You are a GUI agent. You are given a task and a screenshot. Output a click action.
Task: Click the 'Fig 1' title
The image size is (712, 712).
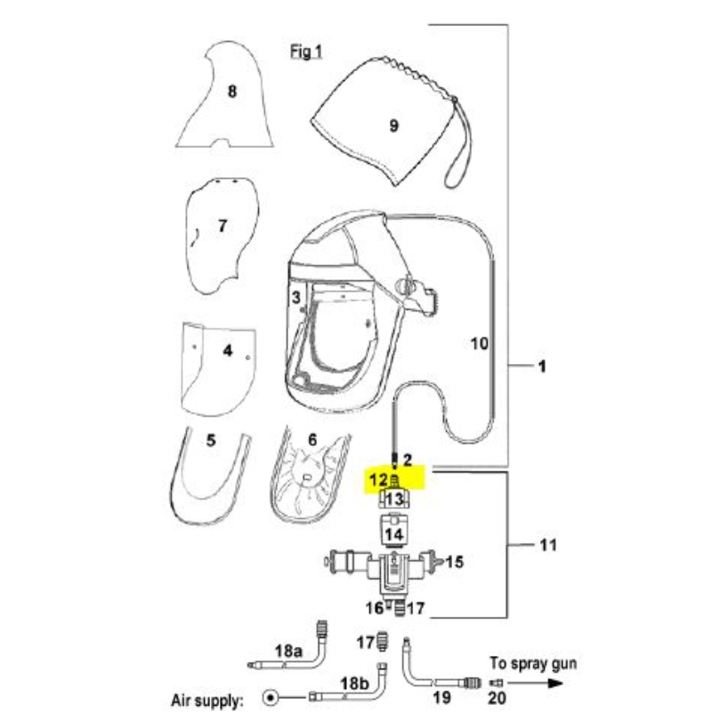[x=306, y=52]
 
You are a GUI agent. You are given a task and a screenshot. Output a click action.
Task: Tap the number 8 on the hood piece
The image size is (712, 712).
[x=232, y=92]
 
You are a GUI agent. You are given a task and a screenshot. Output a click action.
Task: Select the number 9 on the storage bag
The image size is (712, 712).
[x=394, y=125]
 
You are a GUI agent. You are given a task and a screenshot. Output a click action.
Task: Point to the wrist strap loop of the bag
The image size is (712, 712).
[x=458, y=145]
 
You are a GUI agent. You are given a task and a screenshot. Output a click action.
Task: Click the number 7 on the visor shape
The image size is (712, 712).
[x=222, y=226]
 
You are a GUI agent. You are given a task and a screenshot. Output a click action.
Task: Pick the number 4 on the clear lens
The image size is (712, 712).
[x=228, y=351]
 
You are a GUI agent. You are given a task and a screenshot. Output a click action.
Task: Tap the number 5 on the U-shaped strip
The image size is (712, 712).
[x=211, y=441]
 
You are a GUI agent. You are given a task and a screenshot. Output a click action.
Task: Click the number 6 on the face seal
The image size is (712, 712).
[x=312, y=440]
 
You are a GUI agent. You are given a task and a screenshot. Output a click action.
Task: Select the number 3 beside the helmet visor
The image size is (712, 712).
[x=296, y=297]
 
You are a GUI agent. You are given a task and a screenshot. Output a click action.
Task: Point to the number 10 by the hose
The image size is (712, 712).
[x=480, y=344]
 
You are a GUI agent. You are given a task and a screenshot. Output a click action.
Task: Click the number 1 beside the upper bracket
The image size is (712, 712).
[x=542, y=366]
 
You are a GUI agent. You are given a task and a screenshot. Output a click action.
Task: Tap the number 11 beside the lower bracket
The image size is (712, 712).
[x=548, y=545]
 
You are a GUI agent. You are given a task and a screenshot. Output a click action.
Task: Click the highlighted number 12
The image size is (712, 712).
[x=379, y=480]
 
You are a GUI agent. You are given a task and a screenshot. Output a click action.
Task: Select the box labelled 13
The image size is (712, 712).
[x=394, y=499]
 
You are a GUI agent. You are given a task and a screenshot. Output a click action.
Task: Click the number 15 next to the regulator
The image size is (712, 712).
[x=455, y=562]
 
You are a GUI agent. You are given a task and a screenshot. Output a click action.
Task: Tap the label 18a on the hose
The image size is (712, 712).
[x=288, y=651]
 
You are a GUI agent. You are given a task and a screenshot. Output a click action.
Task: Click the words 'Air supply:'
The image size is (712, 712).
[x=207, y=700]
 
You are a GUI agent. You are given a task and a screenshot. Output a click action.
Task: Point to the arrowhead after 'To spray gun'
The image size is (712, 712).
[x=554, y=683]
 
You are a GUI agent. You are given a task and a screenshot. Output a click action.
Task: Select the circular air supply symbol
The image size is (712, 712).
[x=271, y=697]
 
